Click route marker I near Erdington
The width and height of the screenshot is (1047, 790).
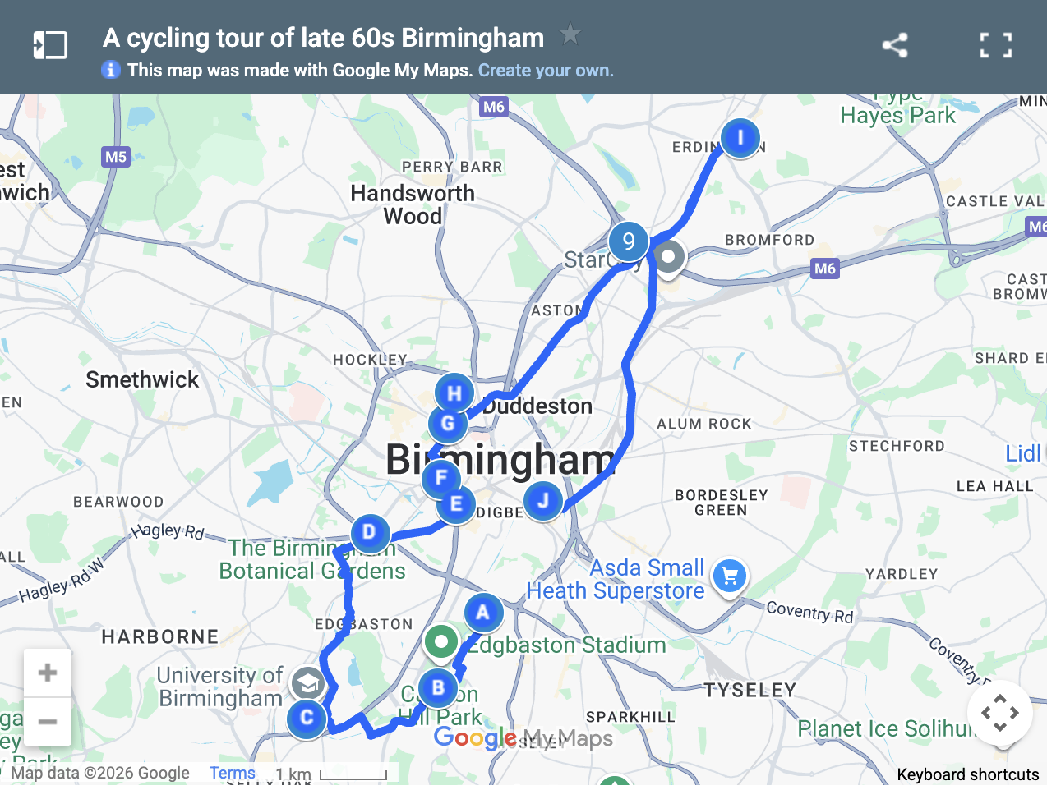740,138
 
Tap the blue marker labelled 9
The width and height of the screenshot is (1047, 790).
629,241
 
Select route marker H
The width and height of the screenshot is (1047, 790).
454,393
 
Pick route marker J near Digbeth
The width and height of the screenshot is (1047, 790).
543,500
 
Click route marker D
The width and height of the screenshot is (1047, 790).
369,532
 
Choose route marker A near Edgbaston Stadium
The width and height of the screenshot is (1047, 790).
483,612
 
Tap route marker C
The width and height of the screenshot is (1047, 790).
307,718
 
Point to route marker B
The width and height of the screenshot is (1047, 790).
438,687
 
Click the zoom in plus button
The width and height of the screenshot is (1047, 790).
48,673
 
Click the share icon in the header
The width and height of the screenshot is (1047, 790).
895,45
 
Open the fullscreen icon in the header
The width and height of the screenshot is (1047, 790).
996,45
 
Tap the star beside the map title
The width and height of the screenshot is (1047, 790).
570,34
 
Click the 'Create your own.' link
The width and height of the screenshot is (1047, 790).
546,71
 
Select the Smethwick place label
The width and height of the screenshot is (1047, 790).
142,379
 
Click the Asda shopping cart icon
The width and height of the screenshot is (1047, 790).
729,576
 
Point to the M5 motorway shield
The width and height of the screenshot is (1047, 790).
116,157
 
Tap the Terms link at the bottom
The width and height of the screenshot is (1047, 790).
232,773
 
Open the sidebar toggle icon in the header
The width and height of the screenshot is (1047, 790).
50,45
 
